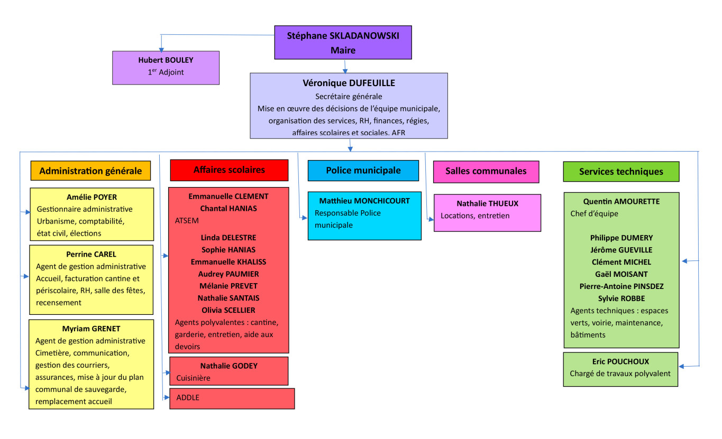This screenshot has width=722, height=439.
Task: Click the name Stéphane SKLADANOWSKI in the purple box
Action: pyautogui.click(x=343, y=36)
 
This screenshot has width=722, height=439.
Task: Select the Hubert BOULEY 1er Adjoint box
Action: pyautogui.click(x=166, y=67)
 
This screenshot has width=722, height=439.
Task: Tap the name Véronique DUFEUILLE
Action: pyautogui.click(x=349, y=83)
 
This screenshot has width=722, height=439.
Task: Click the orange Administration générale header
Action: pyautogui.click(x=90, y=171)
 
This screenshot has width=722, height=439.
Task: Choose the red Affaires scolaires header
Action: pyautogui.click(x=229, y=170)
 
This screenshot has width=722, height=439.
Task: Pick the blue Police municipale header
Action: pyautogui.click(x=363, y=170)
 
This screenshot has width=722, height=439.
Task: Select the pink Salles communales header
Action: pyautogui.click(x=486, y=171)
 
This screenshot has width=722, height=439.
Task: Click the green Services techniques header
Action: pyautogui.click(x=621, y=171)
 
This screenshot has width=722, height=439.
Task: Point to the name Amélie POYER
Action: pyautogui.click(x=92, y=197)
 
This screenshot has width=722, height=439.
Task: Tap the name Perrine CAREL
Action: pyautogui.click(x=91, y=254)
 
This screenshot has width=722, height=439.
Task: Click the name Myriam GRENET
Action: pyautogui.click(x=91, y=329)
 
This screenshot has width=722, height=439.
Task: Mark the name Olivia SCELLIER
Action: pyautogui.click(x=229, y=310)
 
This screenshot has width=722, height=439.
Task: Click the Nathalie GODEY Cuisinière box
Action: pyautogui.click(x=229, y=371)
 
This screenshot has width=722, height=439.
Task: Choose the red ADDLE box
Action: pyautogui.click(x=232, y=398)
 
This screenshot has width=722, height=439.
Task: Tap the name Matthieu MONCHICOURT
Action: pyautogui.click(x=364, y=201)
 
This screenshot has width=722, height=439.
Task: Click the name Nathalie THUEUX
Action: pyautogui.click(x=487, y=203)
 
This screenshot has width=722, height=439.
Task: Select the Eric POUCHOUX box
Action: pyautogui.click(x=620, y=368)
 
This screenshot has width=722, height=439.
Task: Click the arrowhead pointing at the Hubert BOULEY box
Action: pyautogui.click(x=161, y=49)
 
